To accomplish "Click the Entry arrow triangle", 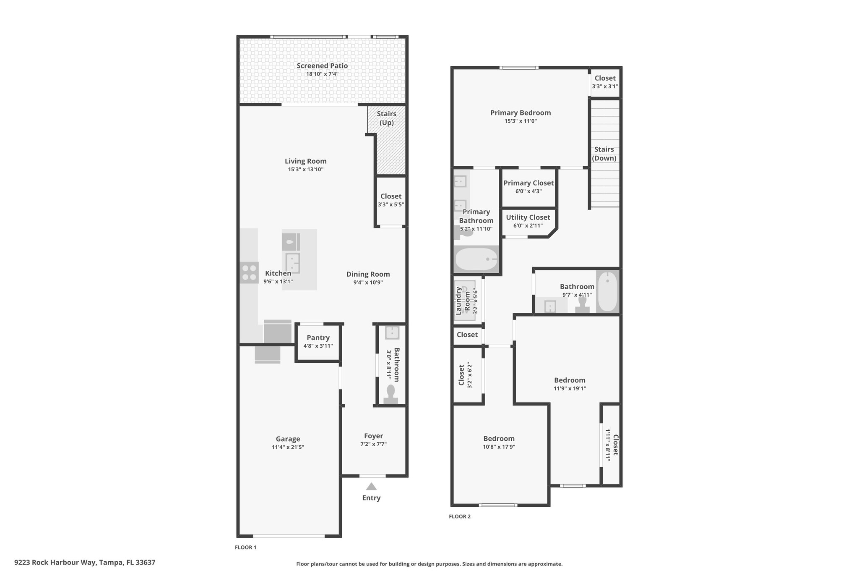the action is pyautogui.click(x=371, y=487).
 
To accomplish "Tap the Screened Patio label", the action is pyautogui.click(x=322, y=66).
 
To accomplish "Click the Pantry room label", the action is pyautogui.click(x=318, y=338).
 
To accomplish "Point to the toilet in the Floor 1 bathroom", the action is pyautogui.click(x=391, y=395).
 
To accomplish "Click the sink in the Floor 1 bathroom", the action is pyautogui.click(x=392, y=333).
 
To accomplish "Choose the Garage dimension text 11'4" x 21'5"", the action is pyautogui.click(x=288, y=447).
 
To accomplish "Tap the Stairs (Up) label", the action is pyautogui.click(x=386, y=118).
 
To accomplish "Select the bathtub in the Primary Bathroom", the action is pyautogui.click(x=476, y=259).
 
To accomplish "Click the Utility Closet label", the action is pyautogui.click(x=528, y=217).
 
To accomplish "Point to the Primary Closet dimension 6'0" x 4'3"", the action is pyautogui.click(x=528, y=191).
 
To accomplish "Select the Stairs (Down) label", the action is pyautogui.click(x=604, y=154).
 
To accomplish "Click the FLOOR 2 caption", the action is pyautogui.click(x=460, y=517).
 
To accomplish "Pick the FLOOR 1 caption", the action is pyautogui.click(x=245, y=547).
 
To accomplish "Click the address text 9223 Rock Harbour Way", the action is pyautogui.click(x=55, y=563).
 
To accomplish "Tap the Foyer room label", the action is pyautogui.click(x=373, y=436).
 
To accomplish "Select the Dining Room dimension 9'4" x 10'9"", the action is pyautogui.click(x=368, y=283).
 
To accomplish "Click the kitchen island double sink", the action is pyautogui.click(x=292, y=263).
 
